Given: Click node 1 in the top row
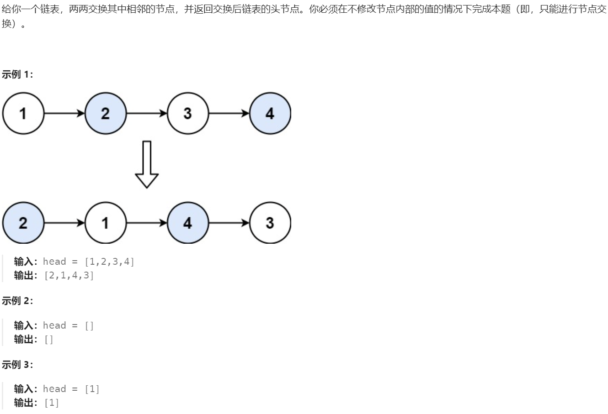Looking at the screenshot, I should [x=23, y=114].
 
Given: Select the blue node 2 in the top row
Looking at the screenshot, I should [x=105, y=114].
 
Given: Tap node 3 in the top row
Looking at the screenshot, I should [x=187, y=114].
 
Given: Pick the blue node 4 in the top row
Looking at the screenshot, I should [x=270, y=114].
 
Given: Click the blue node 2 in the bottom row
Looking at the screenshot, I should [x=23, y=223].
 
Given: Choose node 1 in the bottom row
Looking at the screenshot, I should [x=105, y=223].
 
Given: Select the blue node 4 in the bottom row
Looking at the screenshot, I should [x=187, y=223].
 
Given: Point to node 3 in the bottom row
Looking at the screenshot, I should [x=270, y=223].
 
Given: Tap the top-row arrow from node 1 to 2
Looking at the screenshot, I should [x=64, y=114].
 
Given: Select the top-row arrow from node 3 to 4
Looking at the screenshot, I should [x=229, y=114].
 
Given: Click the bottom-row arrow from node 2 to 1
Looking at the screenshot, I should [x=64, y=223].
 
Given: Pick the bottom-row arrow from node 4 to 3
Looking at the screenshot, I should [x=229, y=223].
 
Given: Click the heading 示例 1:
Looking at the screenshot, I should [x=17, y=74].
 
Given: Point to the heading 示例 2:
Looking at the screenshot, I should [x=17, y=301].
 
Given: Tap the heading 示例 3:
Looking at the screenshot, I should [x=17, y=365].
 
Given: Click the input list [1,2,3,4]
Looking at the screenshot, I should [x=110, y=262].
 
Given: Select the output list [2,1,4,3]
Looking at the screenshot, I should [x=69, y=276].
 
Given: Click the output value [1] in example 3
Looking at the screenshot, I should [x=52, y=403].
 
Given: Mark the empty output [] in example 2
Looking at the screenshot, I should [x=49, y=340].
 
